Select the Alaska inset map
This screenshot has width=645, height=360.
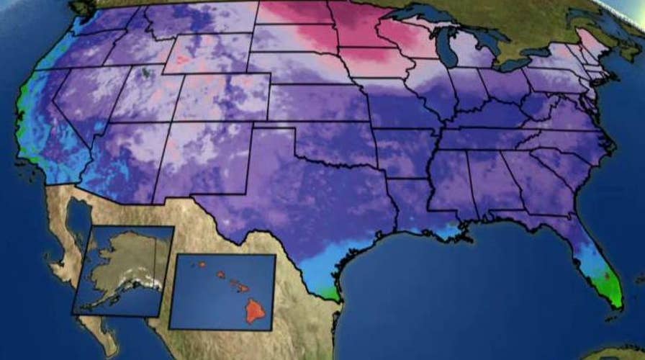click(122, 270)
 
